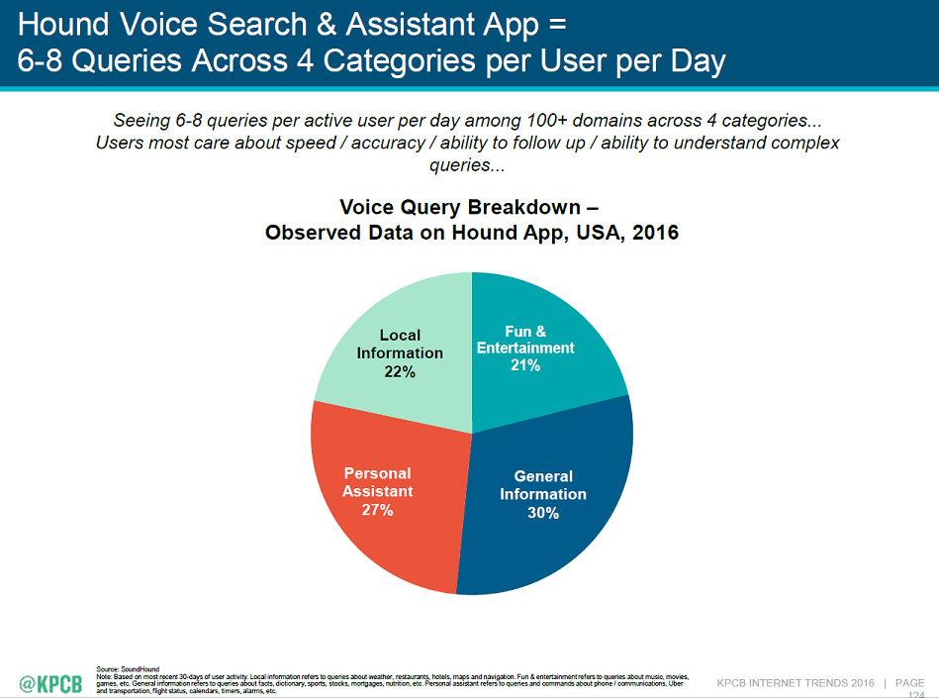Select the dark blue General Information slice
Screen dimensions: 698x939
click(x=554, y=535)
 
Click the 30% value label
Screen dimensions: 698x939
click(x=543, y=513)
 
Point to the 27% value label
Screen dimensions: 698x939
click(x=378, y=510)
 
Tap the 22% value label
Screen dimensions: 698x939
click(x=400, y=372)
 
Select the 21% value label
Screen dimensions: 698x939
click(x=525, y=365)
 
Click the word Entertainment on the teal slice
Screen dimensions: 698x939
click(x=525, y=348)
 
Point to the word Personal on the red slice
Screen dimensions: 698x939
click(x=378, y=473)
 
